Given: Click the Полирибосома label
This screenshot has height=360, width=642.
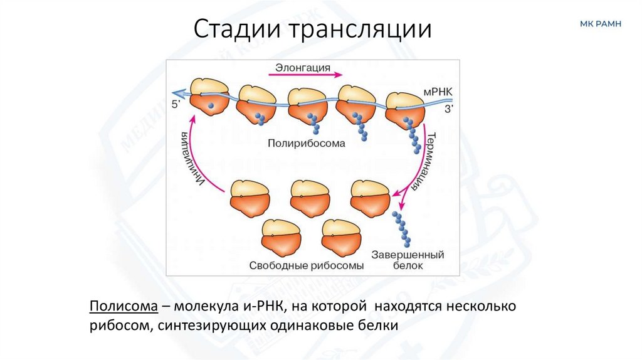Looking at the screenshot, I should click(x=307, y=143).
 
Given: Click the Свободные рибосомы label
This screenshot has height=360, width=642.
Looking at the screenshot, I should click(x=306, y=265).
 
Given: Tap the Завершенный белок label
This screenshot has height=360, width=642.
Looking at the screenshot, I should click(x=408, y=260).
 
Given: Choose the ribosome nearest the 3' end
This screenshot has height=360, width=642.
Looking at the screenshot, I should click(x=405, y=108).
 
